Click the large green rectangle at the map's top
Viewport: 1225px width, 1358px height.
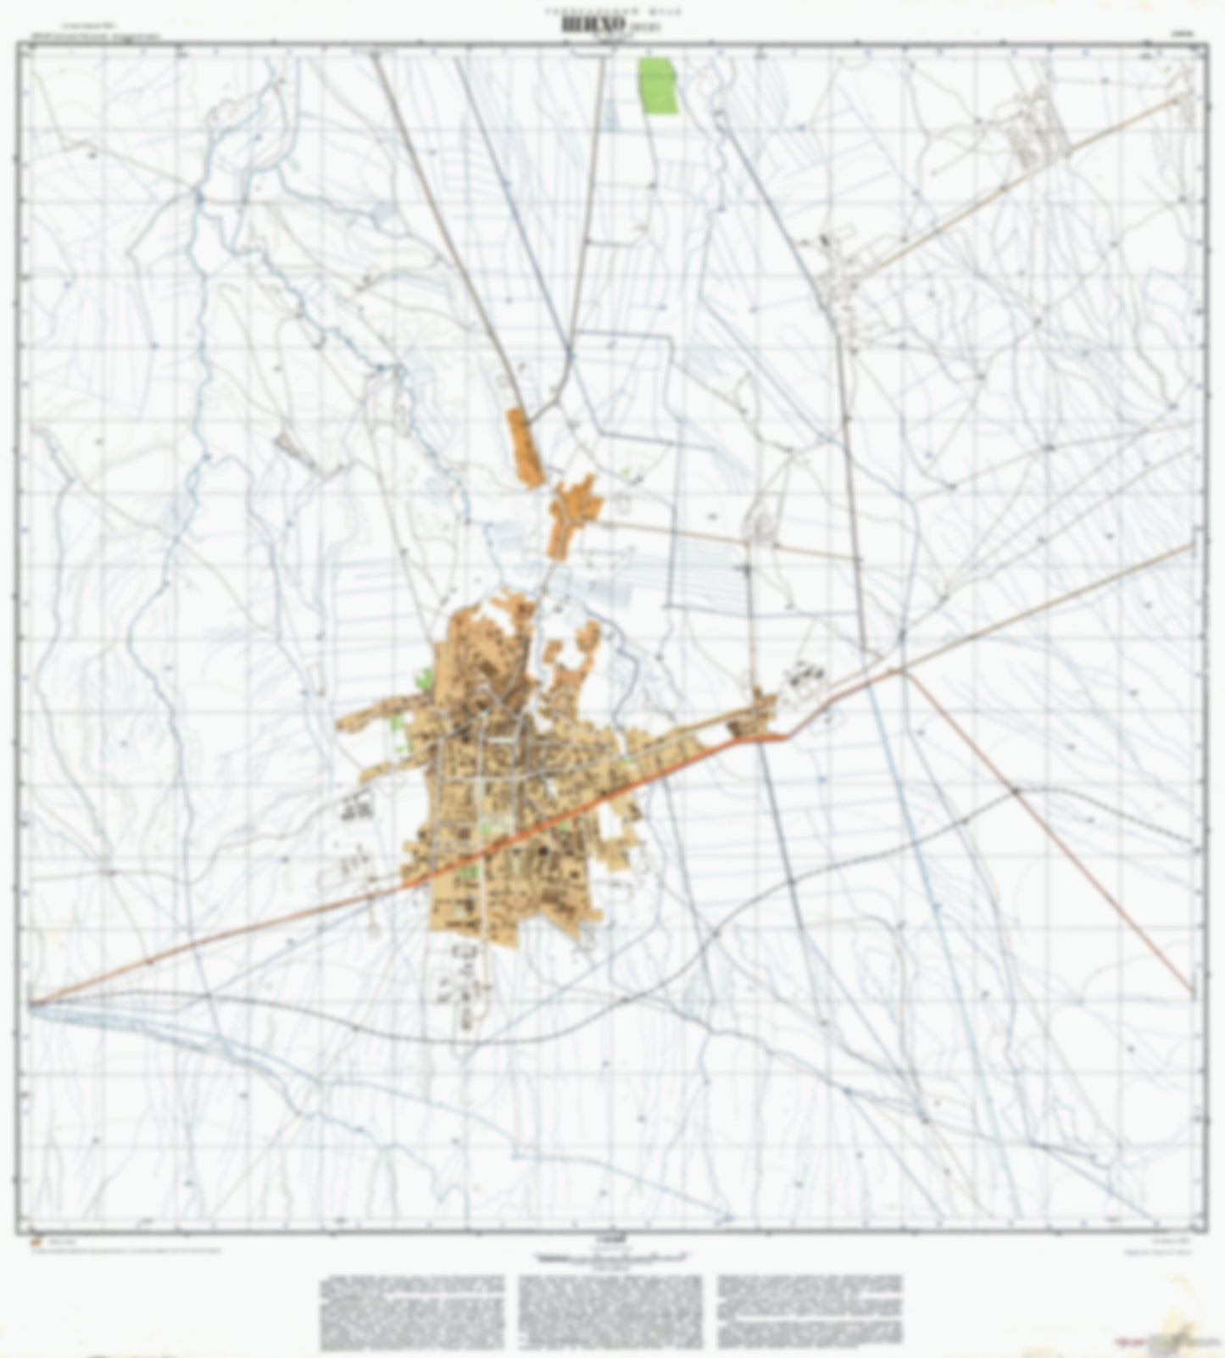[658, 85]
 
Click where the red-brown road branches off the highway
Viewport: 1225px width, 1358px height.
[899, 671]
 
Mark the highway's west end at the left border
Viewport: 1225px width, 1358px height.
[32, 1005]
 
